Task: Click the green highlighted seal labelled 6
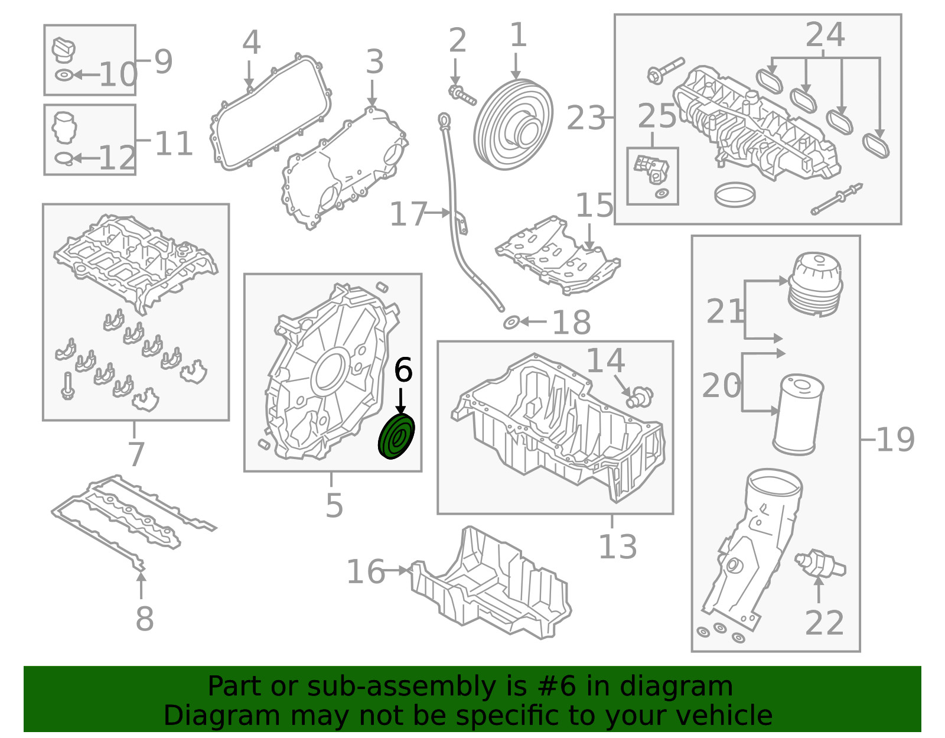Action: [396, 437]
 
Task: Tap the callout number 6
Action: [403, 370]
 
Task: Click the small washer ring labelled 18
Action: [511, 323]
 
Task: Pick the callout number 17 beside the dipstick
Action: [408, 214]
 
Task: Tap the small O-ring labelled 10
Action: [64, 75]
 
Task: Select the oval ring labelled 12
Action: [64, 158]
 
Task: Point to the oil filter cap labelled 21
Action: [814, 282]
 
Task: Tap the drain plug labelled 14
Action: [640, 395]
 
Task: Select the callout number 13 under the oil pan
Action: [617, 547]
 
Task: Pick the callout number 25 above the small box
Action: [656, 116]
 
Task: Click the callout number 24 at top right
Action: [825, 35]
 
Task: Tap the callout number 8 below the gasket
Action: [144, 619]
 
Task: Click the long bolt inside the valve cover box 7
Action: [67, 386]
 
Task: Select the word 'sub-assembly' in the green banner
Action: [402, 687]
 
